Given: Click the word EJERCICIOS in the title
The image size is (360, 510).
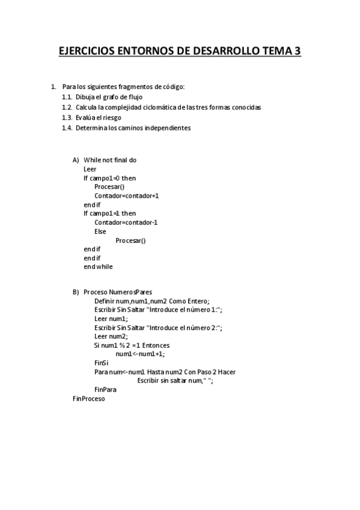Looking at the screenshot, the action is pos(88,52).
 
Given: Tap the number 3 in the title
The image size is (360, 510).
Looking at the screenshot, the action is pos(297,52).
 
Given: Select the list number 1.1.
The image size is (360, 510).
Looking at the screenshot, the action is pos(67,97).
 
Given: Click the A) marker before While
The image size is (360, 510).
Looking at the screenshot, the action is pos(76,160).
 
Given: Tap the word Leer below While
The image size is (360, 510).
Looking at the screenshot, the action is pos(90,170).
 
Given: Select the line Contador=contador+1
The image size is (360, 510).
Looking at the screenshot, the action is pos(126,195).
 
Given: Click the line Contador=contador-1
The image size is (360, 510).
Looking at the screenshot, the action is pos(126,223).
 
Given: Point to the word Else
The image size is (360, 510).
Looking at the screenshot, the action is pos(100,231).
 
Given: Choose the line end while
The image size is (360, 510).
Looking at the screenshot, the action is pos(98,266).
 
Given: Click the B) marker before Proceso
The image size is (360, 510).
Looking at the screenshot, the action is pos(76,292).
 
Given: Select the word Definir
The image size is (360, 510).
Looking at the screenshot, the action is pos(105,301).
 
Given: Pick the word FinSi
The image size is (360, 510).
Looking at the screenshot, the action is pos(101,363).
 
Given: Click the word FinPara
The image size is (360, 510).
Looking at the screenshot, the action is pos(105,390).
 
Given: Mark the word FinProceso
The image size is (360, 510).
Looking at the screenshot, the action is pos(88,399).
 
